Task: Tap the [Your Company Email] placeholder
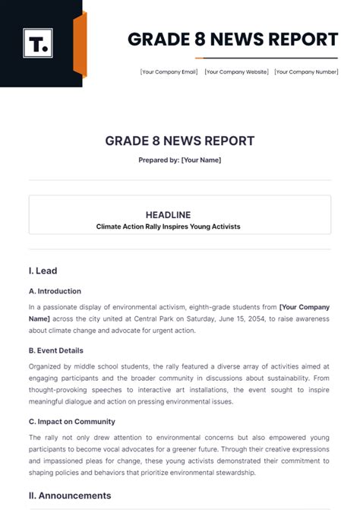point(169,72)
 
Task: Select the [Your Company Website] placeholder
point(237,72)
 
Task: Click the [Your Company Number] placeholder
point(306,72)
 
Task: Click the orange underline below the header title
point(210,58)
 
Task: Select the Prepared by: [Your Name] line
point(180,160)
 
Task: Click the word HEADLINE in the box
point(179,214)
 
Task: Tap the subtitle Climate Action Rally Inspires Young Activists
point(179,226)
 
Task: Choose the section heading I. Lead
point(43,271)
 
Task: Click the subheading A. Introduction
point(55,291)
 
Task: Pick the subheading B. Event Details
point(56,350)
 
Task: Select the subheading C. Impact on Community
point(71,422)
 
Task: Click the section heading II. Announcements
point(70,496)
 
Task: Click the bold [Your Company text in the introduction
point(304,307)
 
